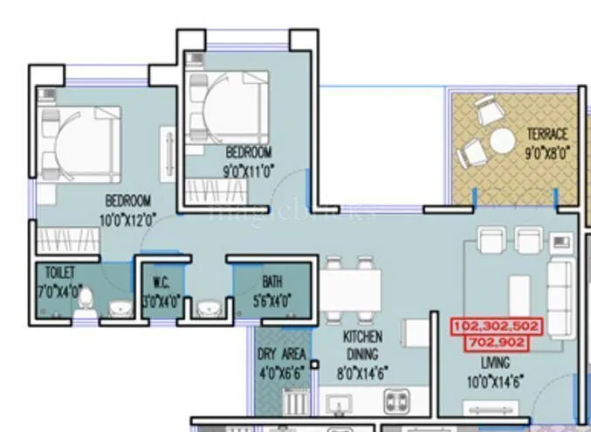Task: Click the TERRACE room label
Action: [546, 134]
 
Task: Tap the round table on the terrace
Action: [502, 141]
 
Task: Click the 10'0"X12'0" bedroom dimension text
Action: [128, 219]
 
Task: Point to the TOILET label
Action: [59, 273]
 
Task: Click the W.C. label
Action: [162, 282]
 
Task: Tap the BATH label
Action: [271, 282]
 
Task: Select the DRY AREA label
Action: [281, 354]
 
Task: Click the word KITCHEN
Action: [361, 337]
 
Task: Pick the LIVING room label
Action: [494, 362]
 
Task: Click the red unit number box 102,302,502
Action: [496, 326]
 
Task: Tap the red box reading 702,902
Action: [496, 342]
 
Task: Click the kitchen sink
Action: [336, 404]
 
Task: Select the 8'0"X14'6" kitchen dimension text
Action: [361, 373]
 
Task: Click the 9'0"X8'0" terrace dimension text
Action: [546, 150]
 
